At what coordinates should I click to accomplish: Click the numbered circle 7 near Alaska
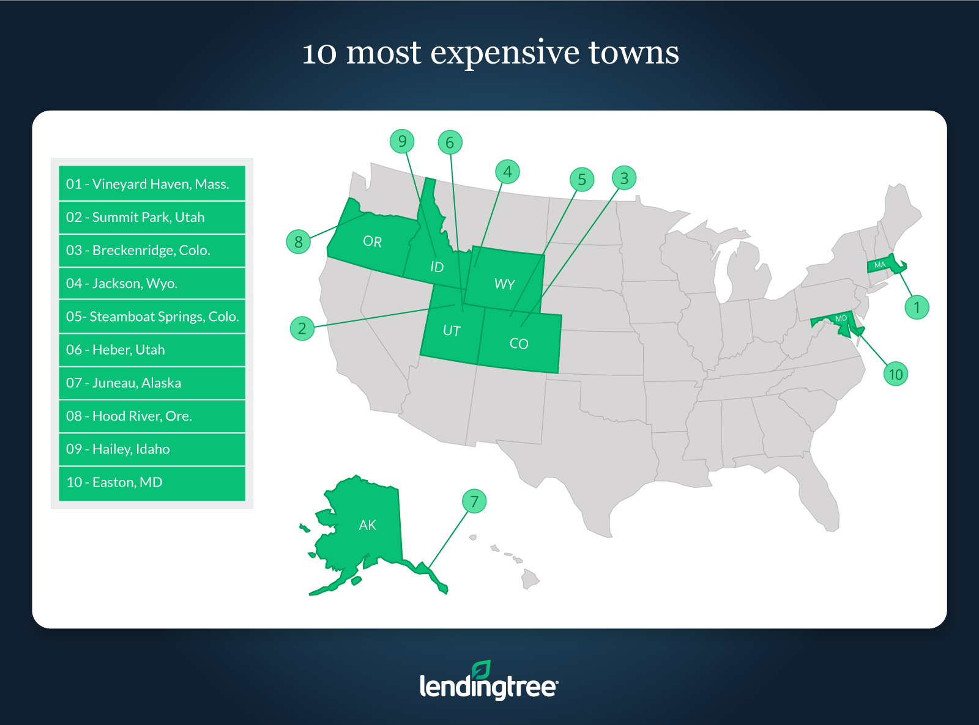474,501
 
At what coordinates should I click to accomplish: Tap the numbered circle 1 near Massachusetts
917,307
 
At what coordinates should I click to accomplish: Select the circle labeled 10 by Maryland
896,374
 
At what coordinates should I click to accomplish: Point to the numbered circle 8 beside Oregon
299,241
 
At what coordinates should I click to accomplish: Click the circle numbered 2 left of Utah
302,328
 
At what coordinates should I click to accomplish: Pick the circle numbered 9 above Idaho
402,141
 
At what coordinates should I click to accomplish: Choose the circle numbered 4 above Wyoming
507,172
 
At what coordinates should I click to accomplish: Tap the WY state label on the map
505,284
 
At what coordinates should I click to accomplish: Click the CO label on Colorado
519,344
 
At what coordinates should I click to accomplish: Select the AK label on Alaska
367,524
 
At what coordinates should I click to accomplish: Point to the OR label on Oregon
372,241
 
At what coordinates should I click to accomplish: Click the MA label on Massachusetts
880,265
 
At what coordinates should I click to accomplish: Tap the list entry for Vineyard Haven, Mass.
152,183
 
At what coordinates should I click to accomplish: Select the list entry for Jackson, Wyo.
152,283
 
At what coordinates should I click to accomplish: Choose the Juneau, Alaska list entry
152,382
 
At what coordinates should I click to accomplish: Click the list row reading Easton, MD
152,483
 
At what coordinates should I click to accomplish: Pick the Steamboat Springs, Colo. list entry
152,316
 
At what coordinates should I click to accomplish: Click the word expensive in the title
505,54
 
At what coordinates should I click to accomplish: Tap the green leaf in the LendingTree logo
481,670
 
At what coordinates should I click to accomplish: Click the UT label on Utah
452,331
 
